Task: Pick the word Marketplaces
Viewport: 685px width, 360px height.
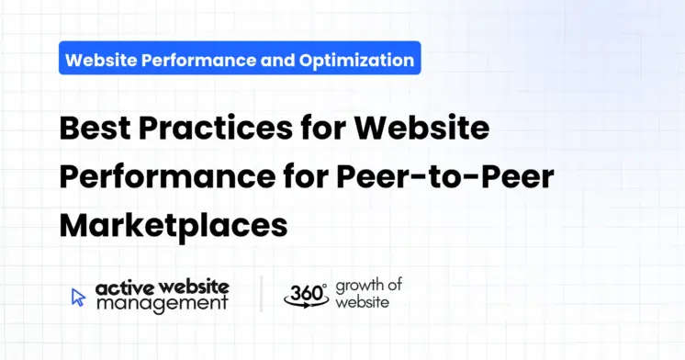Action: coord(174,224)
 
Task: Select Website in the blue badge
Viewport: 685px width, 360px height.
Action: coord(104,61)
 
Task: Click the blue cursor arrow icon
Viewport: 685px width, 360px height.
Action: coord(79,297)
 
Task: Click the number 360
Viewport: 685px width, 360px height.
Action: coord(303,293)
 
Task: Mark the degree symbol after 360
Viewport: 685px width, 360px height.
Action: coord(324,286)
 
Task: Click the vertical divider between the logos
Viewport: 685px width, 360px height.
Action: coord(261,295)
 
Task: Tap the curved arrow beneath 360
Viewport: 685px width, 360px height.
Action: coord(306,306)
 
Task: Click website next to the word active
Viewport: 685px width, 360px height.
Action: coord(194,288)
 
